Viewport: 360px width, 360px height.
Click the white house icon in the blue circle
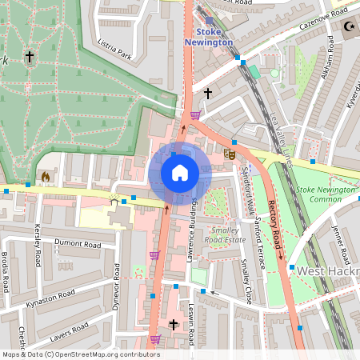(x=179, y=173)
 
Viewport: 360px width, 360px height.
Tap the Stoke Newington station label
(x=209, y=36)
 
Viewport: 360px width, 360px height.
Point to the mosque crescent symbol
(x=349, y=26)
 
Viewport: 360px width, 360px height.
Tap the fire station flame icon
(x=45, y=176)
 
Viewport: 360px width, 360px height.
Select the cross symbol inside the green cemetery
(x=30, y=57)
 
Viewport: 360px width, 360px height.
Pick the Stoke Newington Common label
(x=324, y=194)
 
